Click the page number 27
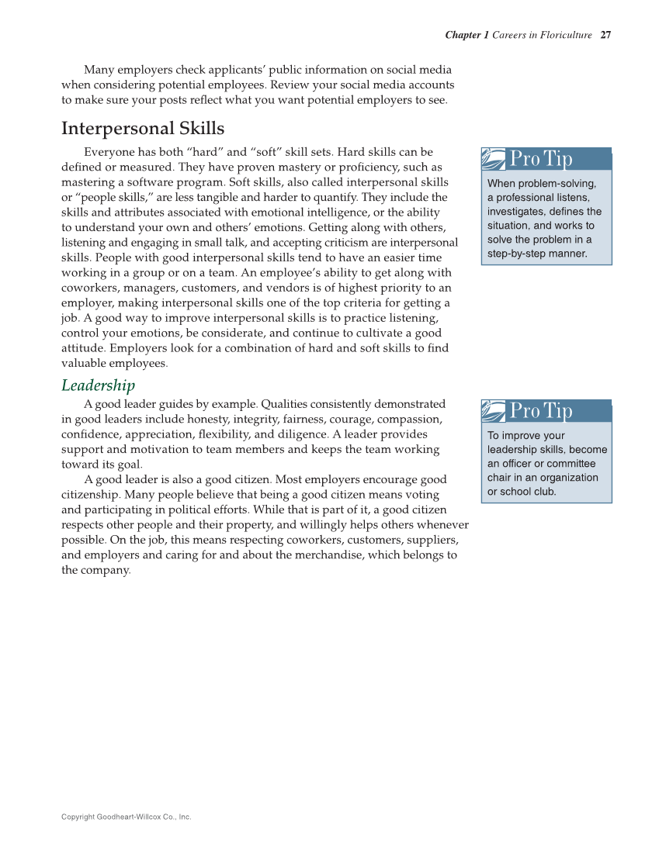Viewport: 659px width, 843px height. click(606, 35)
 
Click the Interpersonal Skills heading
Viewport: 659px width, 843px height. click(143, 128)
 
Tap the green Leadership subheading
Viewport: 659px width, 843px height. click(98, 385)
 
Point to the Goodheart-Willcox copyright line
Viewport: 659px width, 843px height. click(126, 817)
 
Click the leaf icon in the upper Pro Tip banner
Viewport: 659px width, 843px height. click(494, 159)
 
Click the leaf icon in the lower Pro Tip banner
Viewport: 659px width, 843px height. click(494, 410)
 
